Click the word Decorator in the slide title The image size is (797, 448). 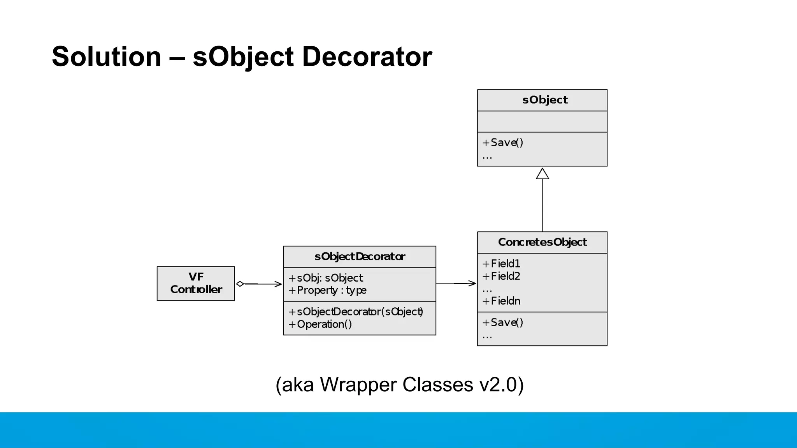(367, 57)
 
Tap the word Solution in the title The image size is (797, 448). (106, 57)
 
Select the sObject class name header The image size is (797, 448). (544, 100)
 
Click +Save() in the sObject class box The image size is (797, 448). (503, 142)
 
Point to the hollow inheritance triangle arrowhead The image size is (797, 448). (542, 174)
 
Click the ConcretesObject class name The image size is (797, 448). (542, 242)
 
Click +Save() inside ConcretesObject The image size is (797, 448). (503, 322)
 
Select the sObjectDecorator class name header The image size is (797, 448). (360, 257)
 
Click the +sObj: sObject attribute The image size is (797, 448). (326, 278)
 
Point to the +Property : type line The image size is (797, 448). (327, 290)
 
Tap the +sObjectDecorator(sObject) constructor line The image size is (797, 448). (356, 312)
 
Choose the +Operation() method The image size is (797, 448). (320, 324)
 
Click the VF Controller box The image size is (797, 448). (196, 283)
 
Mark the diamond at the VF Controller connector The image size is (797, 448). (240, 284)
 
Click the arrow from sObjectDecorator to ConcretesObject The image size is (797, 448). (456, 283)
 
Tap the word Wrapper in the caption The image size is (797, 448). (358, 385)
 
